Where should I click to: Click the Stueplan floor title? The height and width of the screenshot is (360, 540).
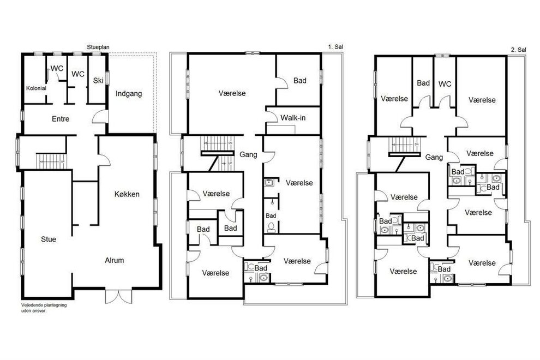[x=98, y=47]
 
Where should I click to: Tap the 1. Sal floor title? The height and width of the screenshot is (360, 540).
[x=335, y=46]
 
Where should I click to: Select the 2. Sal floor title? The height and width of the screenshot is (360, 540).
[x=519, y=50]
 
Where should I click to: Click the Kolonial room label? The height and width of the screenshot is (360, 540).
[x=36, y=88]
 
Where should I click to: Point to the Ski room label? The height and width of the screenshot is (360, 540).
[x=98, y=80]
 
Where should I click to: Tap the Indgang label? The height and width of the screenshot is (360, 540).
[x=129, y=94]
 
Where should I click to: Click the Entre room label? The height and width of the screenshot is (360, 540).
[x=61, y=119]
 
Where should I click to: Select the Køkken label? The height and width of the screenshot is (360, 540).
[x=127, y=194]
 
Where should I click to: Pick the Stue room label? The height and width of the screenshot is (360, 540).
[x=48, y=239]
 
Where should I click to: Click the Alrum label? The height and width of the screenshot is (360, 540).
[x=115, y=260]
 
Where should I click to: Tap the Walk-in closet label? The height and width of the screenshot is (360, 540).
[x=293, y=118]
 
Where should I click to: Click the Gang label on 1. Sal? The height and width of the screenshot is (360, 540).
[x=248, y=155]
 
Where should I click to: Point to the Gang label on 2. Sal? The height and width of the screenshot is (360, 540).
[x=434, y=158]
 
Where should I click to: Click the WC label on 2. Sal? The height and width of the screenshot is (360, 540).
[x=445, y=84]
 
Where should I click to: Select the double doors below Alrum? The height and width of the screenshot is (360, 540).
[x=118, y=297]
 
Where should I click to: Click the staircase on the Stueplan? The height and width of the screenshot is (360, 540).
[x=51, y=161]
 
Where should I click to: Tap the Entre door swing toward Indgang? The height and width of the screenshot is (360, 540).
[x=99, y=116]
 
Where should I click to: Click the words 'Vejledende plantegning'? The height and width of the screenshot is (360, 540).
[x=44, y=305]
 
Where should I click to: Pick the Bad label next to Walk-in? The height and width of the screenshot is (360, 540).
[x=299, y=81]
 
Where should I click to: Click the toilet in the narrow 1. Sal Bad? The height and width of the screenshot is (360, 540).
[x=272, y=227]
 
